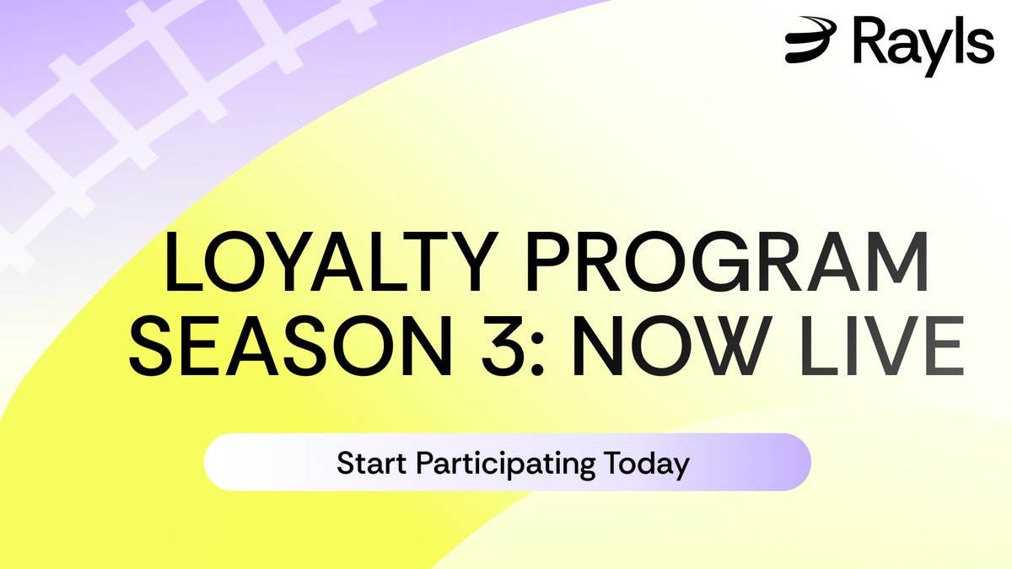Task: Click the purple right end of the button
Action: click(x=784, y=462)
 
